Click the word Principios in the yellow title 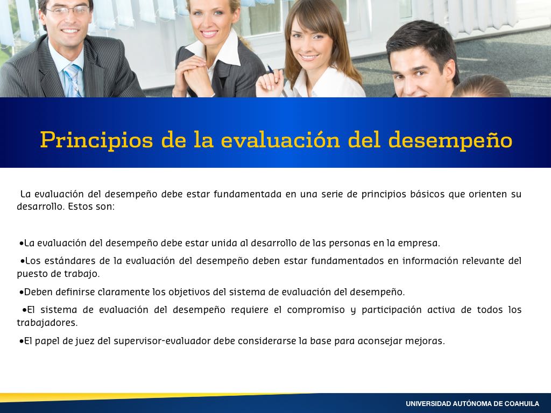[x=97, y=140]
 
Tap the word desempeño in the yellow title [x=450, y=140]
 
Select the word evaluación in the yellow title [x=280, y=140]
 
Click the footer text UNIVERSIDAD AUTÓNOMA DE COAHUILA [x=472, y=404]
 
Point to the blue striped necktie [x=73, y=80]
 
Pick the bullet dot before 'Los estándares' [x=23, y=261]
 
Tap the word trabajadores [x=47, y=323]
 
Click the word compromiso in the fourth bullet [x=316, y=310]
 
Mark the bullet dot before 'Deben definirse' [x=22, y=293]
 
